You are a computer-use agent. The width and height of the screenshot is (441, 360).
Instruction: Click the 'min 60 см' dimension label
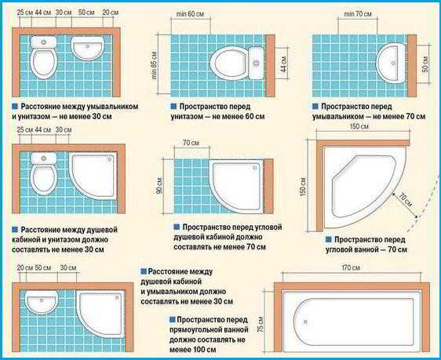(x=190, y=14)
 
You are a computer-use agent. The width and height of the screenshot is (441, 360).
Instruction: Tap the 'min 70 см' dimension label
(x=358, y=14)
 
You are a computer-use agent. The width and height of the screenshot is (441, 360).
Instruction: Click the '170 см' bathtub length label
(x=351, y=267)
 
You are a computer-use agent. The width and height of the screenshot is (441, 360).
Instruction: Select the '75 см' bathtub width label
(x=261, y=324)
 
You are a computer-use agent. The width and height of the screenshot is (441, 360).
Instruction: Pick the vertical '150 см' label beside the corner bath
(x=303, y=187)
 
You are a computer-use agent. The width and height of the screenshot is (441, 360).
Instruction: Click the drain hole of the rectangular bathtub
(x=305, y=322)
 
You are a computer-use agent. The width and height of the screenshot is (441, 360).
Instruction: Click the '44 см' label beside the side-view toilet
(x=284, y=64)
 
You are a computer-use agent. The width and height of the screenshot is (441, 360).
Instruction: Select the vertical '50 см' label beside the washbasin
(x=425, y=64)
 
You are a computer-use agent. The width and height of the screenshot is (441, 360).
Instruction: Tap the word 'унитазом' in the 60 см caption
(x=186, y=116)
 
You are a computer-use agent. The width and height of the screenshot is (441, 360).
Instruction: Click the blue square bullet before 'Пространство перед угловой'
(x=177, y=227)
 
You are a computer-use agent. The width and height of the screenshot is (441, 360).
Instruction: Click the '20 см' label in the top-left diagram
(x=110, y=13)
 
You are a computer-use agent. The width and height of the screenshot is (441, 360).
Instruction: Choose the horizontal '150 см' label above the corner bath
(x=359, y=126)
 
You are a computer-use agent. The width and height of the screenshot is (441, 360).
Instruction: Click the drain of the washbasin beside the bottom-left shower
(x=42, y=300)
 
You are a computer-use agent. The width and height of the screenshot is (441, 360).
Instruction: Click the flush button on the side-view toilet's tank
(x=256, y=63)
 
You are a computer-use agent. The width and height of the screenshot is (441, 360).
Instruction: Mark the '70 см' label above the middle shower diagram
(x=191, y=143)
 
